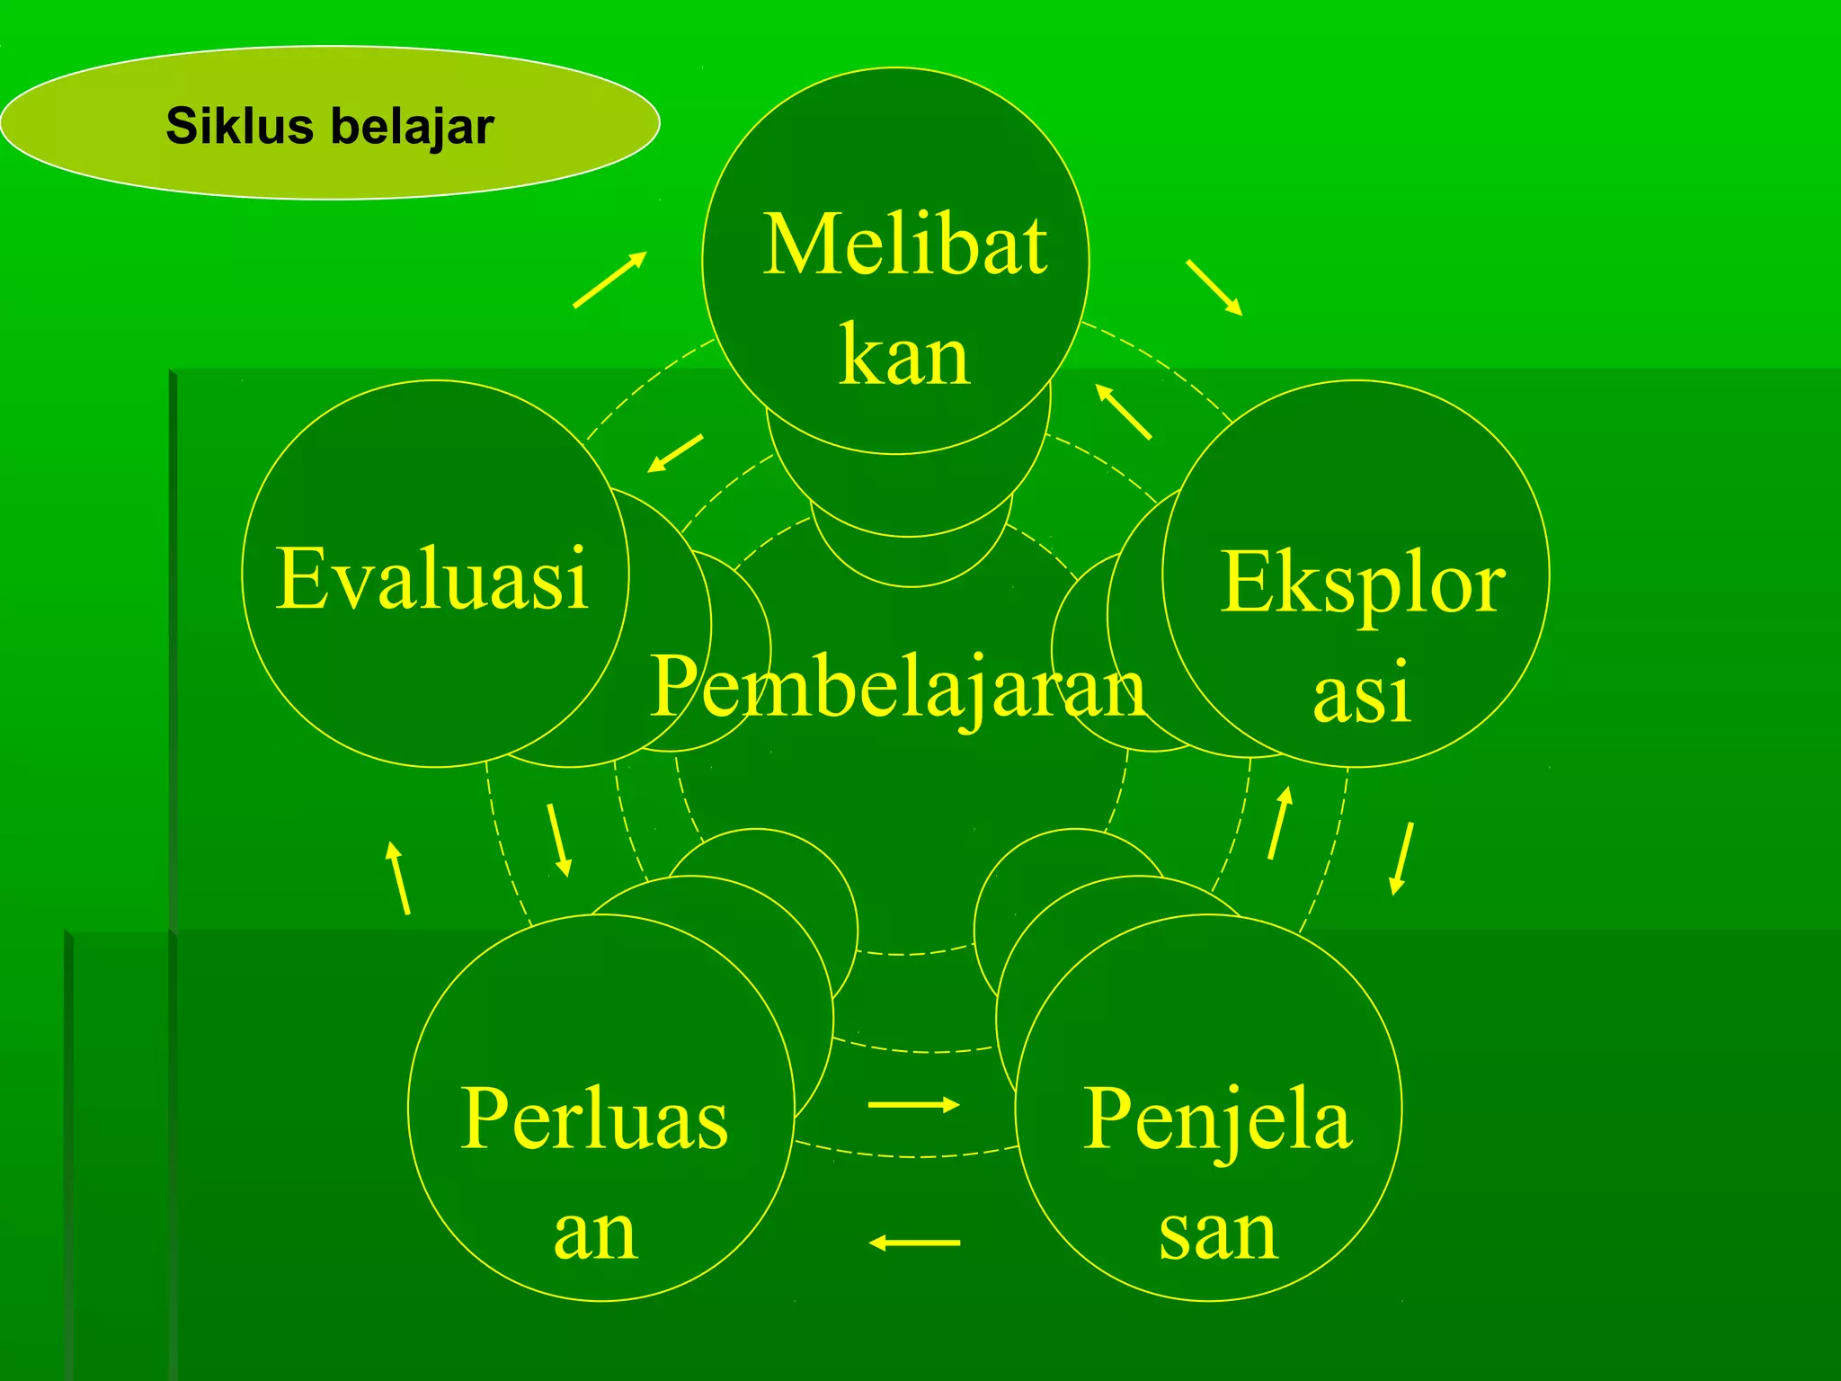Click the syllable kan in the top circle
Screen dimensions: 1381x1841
coord(904,356)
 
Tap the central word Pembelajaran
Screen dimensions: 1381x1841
coord(897,688)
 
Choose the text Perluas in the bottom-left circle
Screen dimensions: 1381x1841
coord(594,1118)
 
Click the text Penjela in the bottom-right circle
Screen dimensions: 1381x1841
coord(1217,1120)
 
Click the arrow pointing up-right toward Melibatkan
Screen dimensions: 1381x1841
coord(610,280)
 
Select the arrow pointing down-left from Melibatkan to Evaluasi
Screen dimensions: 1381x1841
coord(675,453)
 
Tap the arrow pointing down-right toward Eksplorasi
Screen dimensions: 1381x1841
coord(1214,288)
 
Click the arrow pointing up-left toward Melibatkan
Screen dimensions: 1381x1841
coord(1123,412)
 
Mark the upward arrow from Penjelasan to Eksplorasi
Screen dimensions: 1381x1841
coord(1280,823)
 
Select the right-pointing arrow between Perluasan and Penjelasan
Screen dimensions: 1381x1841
coord(914,1104)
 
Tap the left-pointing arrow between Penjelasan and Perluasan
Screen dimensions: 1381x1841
coord(914,1243)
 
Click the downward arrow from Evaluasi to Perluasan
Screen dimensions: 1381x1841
coord(558,840)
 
